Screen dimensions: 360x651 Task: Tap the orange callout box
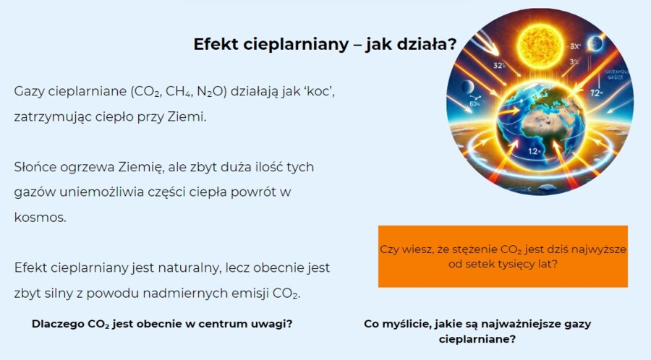[x=503, y=256]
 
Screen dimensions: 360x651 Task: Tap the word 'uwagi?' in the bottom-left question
[x=273, y=323]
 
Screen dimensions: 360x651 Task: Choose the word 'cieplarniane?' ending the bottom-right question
[x=477, y=338]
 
